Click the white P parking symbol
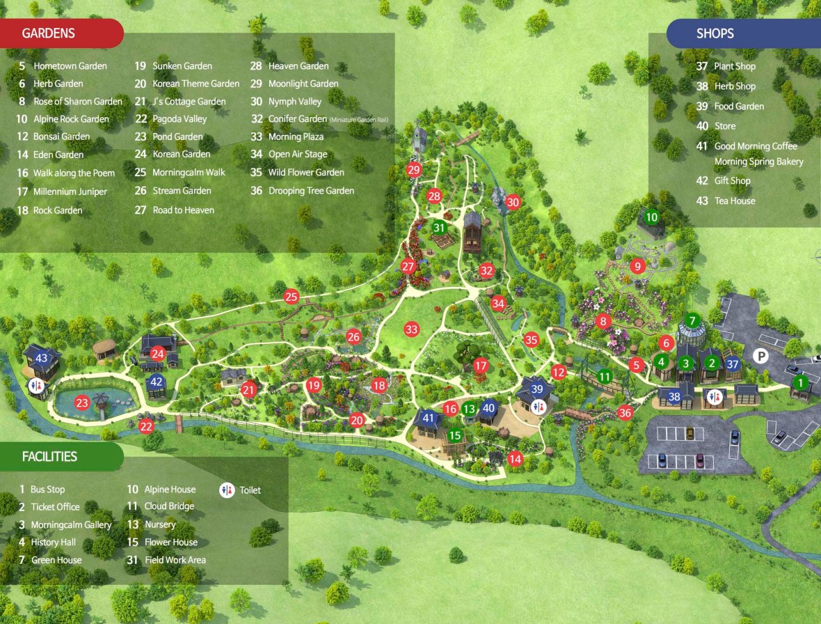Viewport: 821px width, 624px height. [x=761, y=357]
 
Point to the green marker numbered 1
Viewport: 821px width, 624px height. [x=800, y=382]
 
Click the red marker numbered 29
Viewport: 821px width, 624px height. [x=415, y=170]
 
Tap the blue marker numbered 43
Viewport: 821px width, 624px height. [x=41, y=359]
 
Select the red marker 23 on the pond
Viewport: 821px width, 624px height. [x=82, y=403]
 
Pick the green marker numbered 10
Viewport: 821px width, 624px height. [x=651, y=217]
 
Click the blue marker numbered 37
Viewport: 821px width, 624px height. [x=732, y=363]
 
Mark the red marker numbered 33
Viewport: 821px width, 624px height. [x=412, y=329]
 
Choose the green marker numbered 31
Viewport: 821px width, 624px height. [x=439, y=227]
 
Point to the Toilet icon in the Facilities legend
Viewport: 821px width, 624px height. [x=227, y=490]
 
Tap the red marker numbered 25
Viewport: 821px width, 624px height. [x=291, y=297]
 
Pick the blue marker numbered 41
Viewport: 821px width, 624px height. [x=429, y=419]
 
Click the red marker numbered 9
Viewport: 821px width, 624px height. [x=637, y=266]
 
